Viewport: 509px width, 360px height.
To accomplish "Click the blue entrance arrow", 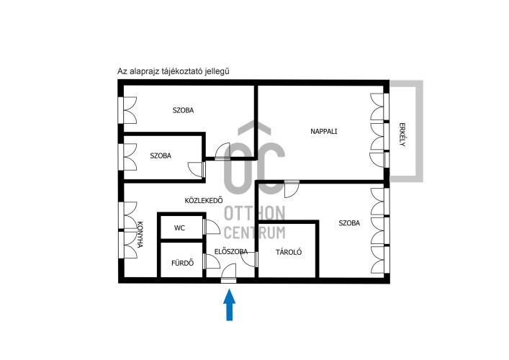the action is click(x=229, y=305).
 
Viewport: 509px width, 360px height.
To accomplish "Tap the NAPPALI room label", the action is click(x=324, y=132).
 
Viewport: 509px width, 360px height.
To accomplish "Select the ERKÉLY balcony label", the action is click(x=402, y=135).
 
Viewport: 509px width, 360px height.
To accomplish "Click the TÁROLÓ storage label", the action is click(x=289, y=252).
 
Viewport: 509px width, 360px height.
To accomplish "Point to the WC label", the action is click(x=179, y=228).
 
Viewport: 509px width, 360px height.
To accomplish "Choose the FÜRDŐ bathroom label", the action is click(x=182, y=263).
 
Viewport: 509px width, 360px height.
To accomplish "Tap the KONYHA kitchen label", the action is click(x=140, y=235).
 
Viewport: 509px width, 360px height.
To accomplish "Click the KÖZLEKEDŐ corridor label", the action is click(x=204, y=201).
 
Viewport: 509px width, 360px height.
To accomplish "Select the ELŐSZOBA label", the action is click(x=231, y=251).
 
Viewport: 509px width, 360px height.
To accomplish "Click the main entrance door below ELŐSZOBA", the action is click(x=228, y=274).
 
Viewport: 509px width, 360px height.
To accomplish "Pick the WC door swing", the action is click(x=212, y=227).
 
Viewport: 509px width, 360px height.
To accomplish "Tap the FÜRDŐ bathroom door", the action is click(x=212, y=261).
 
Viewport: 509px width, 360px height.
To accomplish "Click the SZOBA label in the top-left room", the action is click(x=183, y=110).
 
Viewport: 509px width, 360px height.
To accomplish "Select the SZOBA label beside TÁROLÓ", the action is click(x=349, y=223).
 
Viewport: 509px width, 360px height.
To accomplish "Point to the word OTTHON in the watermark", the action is click(x=255, y=213).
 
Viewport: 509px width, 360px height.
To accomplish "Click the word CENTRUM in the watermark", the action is click(x=255, y=233).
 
